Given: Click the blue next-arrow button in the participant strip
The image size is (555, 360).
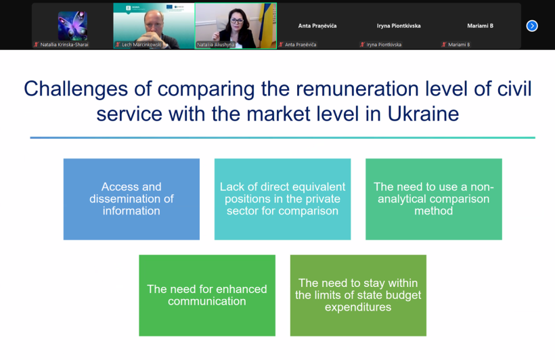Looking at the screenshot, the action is [531, 26].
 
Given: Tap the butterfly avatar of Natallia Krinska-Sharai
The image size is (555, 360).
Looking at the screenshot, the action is [72, 26].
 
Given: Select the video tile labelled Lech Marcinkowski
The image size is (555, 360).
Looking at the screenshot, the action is [154, 26].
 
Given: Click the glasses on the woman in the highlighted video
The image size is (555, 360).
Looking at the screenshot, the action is [236, 21].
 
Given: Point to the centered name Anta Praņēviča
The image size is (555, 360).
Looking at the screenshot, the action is [317, 26].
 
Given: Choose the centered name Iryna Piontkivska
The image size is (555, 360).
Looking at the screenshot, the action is [399, 26].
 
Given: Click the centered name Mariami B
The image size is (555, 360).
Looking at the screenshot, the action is [480, 26].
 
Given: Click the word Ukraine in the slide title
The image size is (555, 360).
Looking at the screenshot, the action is [423, 114].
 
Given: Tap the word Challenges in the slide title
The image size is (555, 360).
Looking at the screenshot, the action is [76, 89].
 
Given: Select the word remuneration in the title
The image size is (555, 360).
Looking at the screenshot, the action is [357, 89].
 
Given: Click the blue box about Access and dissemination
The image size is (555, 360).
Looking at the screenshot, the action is [131, 200].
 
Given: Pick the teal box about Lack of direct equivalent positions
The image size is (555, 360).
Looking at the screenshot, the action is [282, 200].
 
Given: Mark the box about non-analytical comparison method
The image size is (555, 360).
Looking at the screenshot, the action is [434, 200].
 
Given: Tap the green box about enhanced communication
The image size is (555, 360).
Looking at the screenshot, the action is [207, 296].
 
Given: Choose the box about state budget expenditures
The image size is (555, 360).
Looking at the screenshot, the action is [358, 296].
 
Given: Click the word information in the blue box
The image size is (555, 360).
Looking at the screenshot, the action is [131, 211].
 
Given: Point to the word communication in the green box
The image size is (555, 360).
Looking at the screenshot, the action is [207, 301].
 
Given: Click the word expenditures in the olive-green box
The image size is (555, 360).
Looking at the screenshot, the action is [358, 307].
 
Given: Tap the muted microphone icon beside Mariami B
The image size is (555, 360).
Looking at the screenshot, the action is [443, 45].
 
